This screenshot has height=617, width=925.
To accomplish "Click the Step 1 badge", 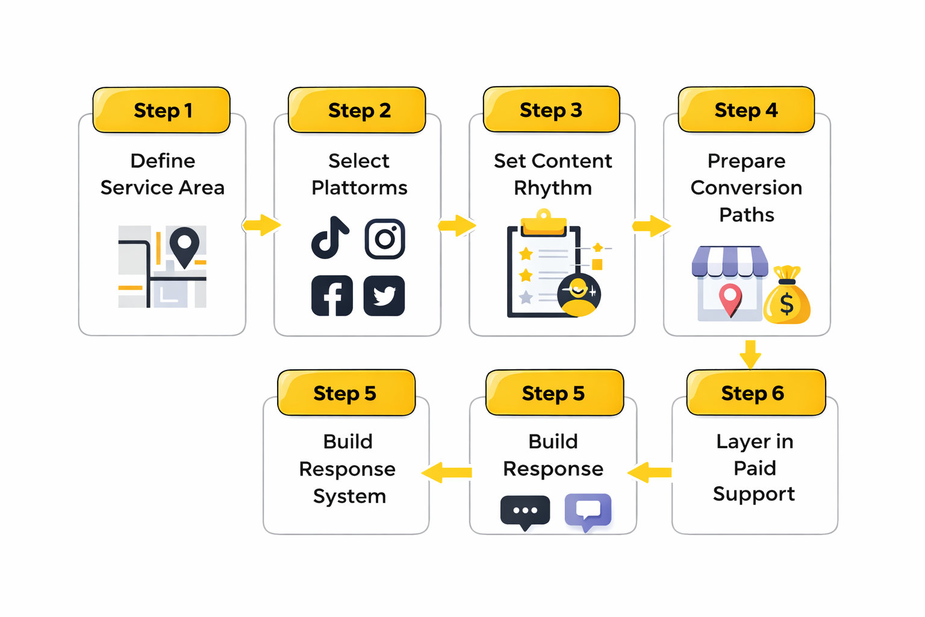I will pos(161,110).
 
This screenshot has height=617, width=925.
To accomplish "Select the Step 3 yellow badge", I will pos(551,110).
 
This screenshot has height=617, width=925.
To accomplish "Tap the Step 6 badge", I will pos(755,393).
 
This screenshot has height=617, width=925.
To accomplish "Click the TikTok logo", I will pos(329,237).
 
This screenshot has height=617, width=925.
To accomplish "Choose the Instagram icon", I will pos(385,239).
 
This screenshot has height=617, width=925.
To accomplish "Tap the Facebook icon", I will pos(332,296).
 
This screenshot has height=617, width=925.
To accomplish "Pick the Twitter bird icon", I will pos(384,296).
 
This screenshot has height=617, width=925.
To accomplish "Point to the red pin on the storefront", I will pos(730,299).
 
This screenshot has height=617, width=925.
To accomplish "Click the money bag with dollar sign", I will pos(786,298).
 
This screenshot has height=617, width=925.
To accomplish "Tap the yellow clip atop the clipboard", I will pos(544,222).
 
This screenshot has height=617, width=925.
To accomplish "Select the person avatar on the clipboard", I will pos(579,295).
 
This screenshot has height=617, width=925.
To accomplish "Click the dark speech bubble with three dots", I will pos(525,512).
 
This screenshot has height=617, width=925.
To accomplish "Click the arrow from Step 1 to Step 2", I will pos(261,225).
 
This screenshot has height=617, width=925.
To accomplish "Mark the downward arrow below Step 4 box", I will pos(750,354).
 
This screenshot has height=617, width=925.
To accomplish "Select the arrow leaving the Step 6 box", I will pos(650,472).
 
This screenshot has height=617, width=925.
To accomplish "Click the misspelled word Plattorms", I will pos(359,188).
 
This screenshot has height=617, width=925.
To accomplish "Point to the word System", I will pos(349,496).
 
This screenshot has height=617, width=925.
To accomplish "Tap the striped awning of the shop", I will pos(730,261).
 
